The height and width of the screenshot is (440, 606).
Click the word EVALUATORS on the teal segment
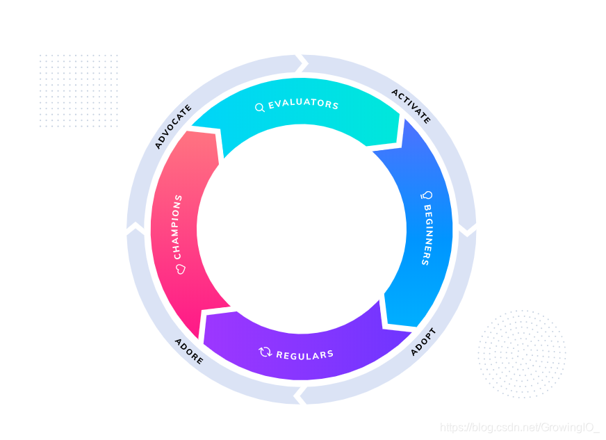[304, 105]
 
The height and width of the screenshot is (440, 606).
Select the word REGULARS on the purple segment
[304, 355]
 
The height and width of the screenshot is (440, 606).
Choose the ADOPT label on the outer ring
[423, 341]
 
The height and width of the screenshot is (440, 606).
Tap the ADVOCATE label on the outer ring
[173, 127]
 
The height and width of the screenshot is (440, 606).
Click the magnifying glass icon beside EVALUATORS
[259, 108]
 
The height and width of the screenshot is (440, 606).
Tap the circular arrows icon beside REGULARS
[265, 352]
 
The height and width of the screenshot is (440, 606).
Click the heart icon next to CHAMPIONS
[179, 268]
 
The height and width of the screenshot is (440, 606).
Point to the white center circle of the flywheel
[302, 229]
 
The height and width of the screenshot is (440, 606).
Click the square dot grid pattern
[78, 90]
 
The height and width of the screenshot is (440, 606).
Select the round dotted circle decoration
[522, 354]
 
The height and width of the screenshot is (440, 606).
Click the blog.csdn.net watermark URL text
[521, 427]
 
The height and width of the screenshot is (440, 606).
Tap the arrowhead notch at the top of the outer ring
[302, 63]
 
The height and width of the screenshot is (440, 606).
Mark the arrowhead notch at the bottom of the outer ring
[300, 396]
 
